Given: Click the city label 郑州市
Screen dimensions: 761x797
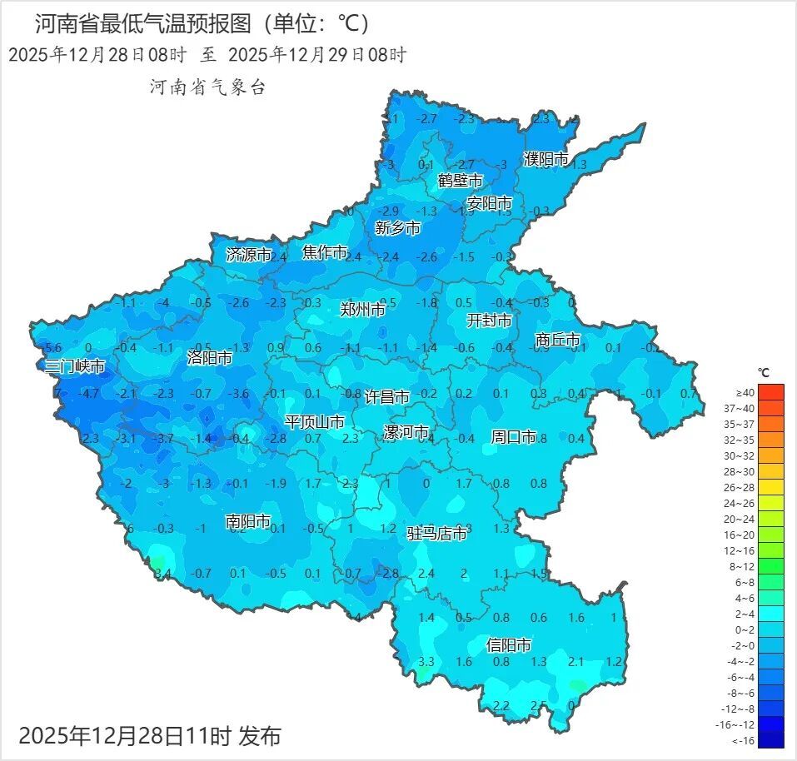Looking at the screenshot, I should pyautogui.click(x=363, y=309).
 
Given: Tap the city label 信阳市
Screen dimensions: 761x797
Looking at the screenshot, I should pyautogui.click(x=509, y=644).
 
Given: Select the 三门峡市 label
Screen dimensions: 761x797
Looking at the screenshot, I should pyautogui.click(x=75, y=366).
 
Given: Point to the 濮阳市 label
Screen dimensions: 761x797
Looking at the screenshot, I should pyautogui.click(x=545, y=158).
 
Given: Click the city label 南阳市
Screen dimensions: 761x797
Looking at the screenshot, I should pyautogui.click(x=248, y=521).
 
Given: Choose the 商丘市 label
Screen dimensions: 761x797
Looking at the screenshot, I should pyautogui.click(x=557, y=340).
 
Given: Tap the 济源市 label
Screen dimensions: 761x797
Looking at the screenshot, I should pyautogui.click(x=249, y=255).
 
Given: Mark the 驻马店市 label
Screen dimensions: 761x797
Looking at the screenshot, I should pyautogui.click(x=436, y=534).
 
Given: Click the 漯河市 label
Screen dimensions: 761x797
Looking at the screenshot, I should pyautogui.click(x=406, y=432).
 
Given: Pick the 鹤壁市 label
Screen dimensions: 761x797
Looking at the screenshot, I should pyautogui.click(x=461, y=180).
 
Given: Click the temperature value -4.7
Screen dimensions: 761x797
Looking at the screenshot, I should pyautogui.click(x=89, y=393).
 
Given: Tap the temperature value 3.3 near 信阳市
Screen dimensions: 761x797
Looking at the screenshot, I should pyautogui.click(x=426, y=662).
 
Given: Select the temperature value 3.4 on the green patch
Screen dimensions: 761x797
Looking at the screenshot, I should pyautogui.click(x=162, y=573).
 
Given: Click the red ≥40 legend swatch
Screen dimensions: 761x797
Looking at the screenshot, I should pyautogui.click(x=771, y=392).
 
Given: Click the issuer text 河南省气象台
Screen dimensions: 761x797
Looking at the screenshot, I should pyautogui.click(x=207, y=87).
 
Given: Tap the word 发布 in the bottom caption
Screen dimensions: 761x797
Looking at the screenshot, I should pyautogui.click(x=259, y=736).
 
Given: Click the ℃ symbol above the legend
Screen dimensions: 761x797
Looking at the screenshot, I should pyautogui.click(x=764, y=372).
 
